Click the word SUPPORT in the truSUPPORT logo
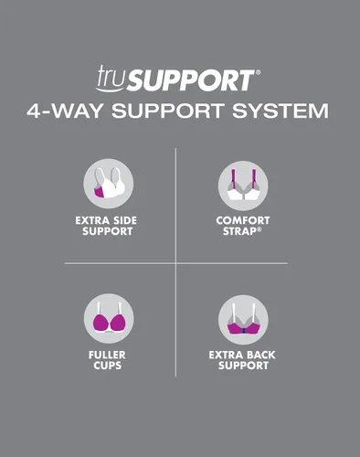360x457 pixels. click(190, 80)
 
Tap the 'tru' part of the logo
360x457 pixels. click(110, 78)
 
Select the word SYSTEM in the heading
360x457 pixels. click(281, 111)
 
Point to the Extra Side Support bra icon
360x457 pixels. click(109, 184)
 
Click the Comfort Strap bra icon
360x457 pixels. click(243, 186)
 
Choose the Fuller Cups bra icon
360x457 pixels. click(109, 319)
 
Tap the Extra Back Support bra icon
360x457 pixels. click(243, 320)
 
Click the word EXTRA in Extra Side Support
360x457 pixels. click(92, 220)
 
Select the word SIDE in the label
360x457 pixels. click(125, 220)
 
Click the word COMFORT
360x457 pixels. click(243, 220)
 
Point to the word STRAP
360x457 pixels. click(239, 231)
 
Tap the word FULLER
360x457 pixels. click(107, 355)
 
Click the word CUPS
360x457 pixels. click(107, 366)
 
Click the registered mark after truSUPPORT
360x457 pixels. click(259, 72)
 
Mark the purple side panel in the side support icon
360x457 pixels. click(100, 193)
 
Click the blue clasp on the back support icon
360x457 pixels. click(243, 331)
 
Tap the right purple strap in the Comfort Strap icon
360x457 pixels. click(253, 179)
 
